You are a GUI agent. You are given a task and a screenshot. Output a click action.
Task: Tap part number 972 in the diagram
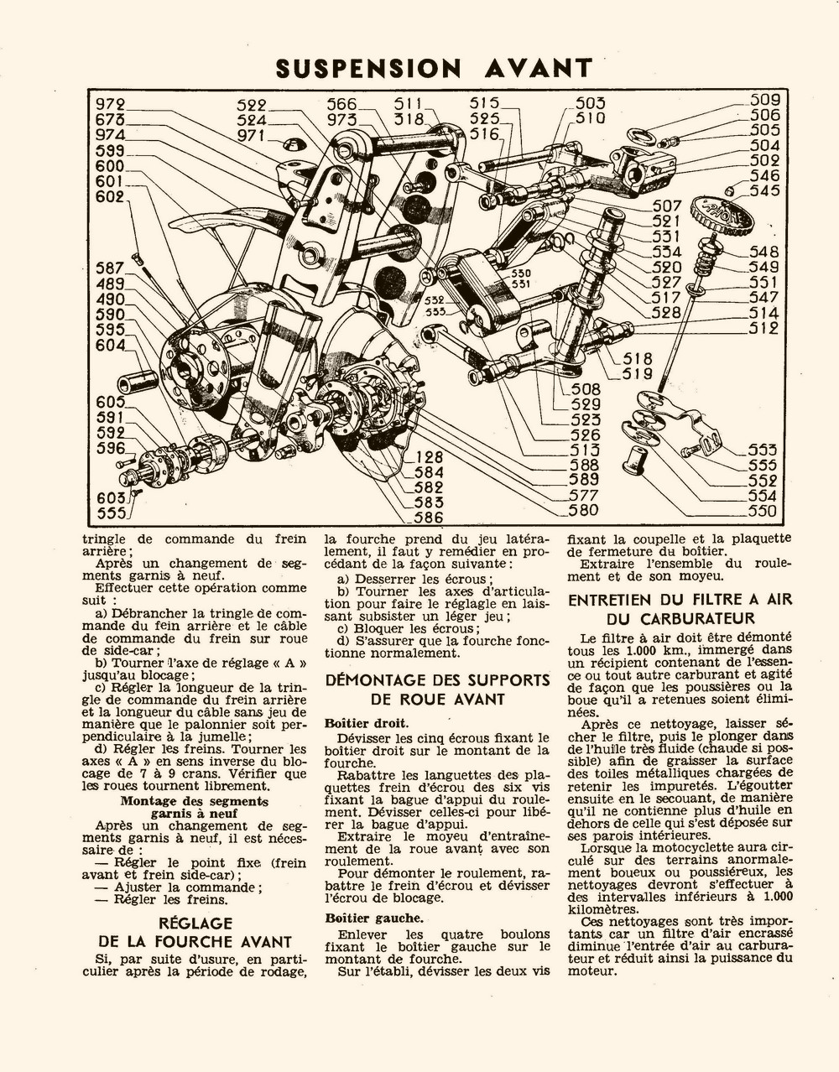110,105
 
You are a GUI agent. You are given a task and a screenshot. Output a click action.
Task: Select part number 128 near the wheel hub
429,458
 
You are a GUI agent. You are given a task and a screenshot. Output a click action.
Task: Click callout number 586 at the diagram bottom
428,518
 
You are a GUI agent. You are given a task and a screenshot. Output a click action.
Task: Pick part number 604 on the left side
110,345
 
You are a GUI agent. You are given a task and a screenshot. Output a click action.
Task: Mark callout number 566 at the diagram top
341,105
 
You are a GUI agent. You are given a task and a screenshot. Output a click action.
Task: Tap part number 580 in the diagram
583,510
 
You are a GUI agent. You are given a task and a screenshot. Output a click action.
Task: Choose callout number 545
764,190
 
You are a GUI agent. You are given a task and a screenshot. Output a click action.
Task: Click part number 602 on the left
110,196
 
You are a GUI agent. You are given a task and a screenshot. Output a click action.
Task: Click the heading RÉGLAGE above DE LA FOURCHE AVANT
195,924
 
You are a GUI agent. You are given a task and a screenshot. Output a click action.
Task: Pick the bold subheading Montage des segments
195,800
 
